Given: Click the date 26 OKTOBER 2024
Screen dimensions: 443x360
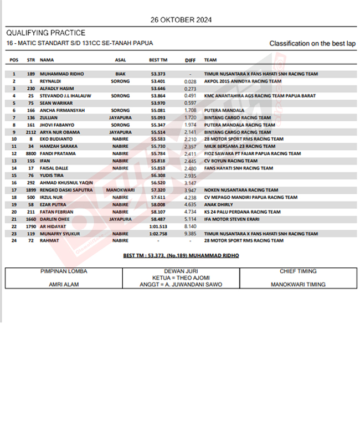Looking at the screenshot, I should tap(181, 20).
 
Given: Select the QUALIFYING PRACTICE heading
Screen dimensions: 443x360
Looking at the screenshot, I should tap(46, 33).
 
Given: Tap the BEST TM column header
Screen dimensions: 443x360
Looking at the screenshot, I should tap(158, 59).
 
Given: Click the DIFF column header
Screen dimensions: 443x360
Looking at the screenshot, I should tap(190, 60).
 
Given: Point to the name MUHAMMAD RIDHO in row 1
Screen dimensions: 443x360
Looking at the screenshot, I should tap(61, 74).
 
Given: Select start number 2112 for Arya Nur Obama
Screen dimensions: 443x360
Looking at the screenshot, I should tap(30, 132).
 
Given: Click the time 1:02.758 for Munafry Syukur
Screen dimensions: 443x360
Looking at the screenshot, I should tap(158, 234).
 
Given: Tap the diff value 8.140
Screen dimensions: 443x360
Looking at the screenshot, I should tap(190, 226).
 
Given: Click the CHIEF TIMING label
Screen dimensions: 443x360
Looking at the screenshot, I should tap(298, 271).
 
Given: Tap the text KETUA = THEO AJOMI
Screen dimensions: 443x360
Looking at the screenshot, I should tap(181, 278).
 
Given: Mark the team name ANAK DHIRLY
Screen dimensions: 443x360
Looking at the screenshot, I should tap(219, 204).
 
